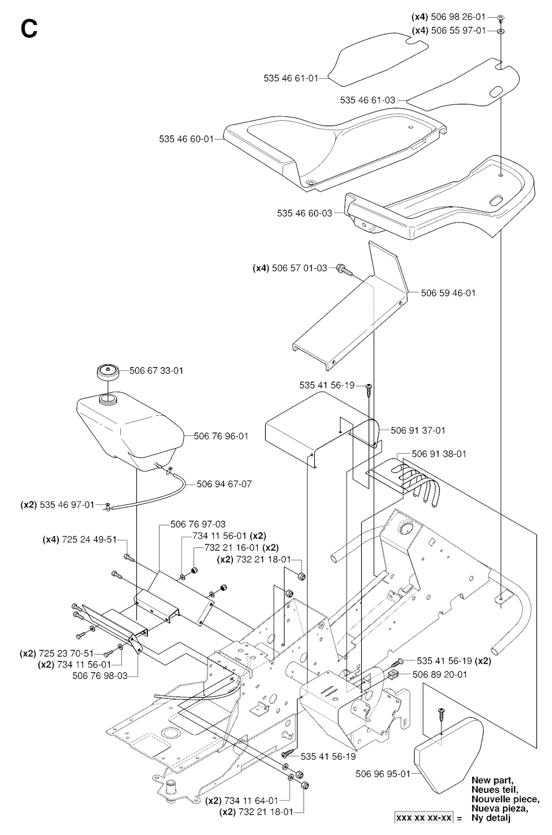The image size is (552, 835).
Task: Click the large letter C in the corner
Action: point(29,29)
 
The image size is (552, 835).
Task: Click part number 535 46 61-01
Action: point(291,78)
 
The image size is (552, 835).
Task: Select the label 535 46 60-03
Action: point(305,213)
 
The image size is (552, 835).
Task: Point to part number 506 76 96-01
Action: point(221,436)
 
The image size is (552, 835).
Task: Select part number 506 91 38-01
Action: point(439,454)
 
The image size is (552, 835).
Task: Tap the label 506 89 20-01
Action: point(440,674)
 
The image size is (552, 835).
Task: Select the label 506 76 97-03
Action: point(198,524)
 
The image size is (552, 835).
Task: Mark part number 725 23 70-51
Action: point(66,653)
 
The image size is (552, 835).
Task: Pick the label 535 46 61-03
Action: point(368,100)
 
